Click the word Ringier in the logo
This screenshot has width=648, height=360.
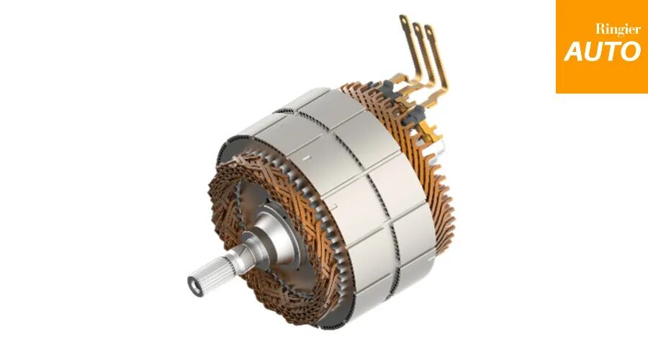[x=618, y=30]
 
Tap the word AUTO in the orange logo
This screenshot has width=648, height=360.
[x=603, y=51]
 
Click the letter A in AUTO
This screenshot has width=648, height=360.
[x=575, y=51]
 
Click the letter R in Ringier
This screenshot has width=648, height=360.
[x=600, y=30]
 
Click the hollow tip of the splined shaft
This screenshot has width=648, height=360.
[x=195, y=284]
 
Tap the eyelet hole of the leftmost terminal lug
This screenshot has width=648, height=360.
[x=403, y=19]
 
